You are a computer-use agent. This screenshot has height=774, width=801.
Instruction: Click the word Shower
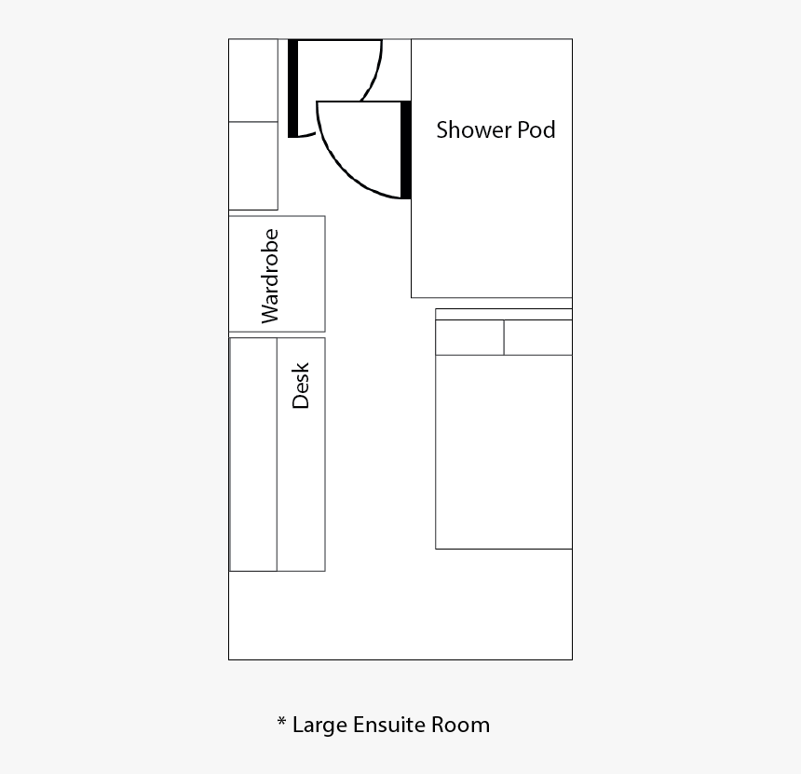tap(473, 129)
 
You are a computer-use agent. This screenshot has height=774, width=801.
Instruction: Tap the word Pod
tap(536, 129)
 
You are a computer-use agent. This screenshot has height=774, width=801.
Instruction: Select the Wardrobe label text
tap(270, 276)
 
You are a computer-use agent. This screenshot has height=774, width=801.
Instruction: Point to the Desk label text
tap(300, 386)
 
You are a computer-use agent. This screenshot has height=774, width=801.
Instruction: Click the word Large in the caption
tap(319, 726)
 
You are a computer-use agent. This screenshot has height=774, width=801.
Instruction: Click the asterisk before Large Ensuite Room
tap(281, 722)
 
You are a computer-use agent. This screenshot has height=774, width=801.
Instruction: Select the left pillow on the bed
tap(469, 337)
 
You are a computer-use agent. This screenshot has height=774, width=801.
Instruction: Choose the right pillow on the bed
tap(538, 337)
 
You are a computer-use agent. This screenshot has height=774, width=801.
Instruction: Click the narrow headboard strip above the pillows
tap(504, 314)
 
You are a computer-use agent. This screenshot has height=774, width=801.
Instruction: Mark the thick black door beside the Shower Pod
tap(405, 150)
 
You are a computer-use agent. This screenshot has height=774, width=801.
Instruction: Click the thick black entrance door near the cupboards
tap(292, 88)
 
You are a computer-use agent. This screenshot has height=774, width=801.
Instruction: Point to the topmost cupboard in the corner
tap(253, 80)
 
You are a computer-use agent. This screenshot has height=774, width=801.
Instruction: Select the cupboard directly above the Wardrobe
tap(253, 166)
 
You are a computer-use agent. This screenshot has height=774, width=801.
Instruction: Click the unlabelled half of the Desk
tap(253, 455)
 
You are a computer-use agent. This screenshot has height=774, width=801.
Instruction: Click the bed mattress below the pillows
tap(504, 452)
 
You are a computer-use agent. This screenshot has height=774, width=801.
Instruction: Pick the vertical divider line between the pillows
tap(504, 337)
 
